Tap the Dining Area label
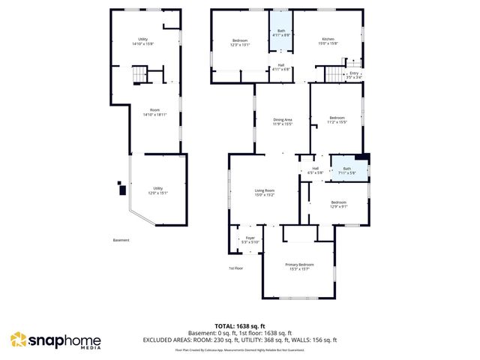pyautogui.click(x=282, y=121)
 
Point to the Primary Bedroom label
pyautogui.click(x=299, y=266)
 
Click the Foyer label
pyautogui.click(x=250, y=240)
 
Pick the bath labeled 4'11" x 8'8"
pyautogui.click(x=280, y=32)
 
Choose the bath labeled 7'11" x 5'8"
pyautogui.click(x=346, y=171)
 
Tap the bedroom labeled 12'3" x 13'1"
pyautogui.click(x=240, y=42)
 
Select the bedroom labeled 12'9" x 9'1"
pyautogui.click(x=339, y=203)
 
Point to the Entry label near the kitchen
pyautogui.click(x=354, y=74)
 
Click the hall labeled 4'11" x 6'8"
pyautogui.click(x=280, y=67)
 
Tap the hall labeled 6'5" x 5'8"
pyautogui.click(x=315, y=169)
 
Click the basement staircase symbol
pyautogui.click(x=139, y=75)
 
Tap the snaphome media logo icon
pyautogui.click(x=18, y=341)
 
